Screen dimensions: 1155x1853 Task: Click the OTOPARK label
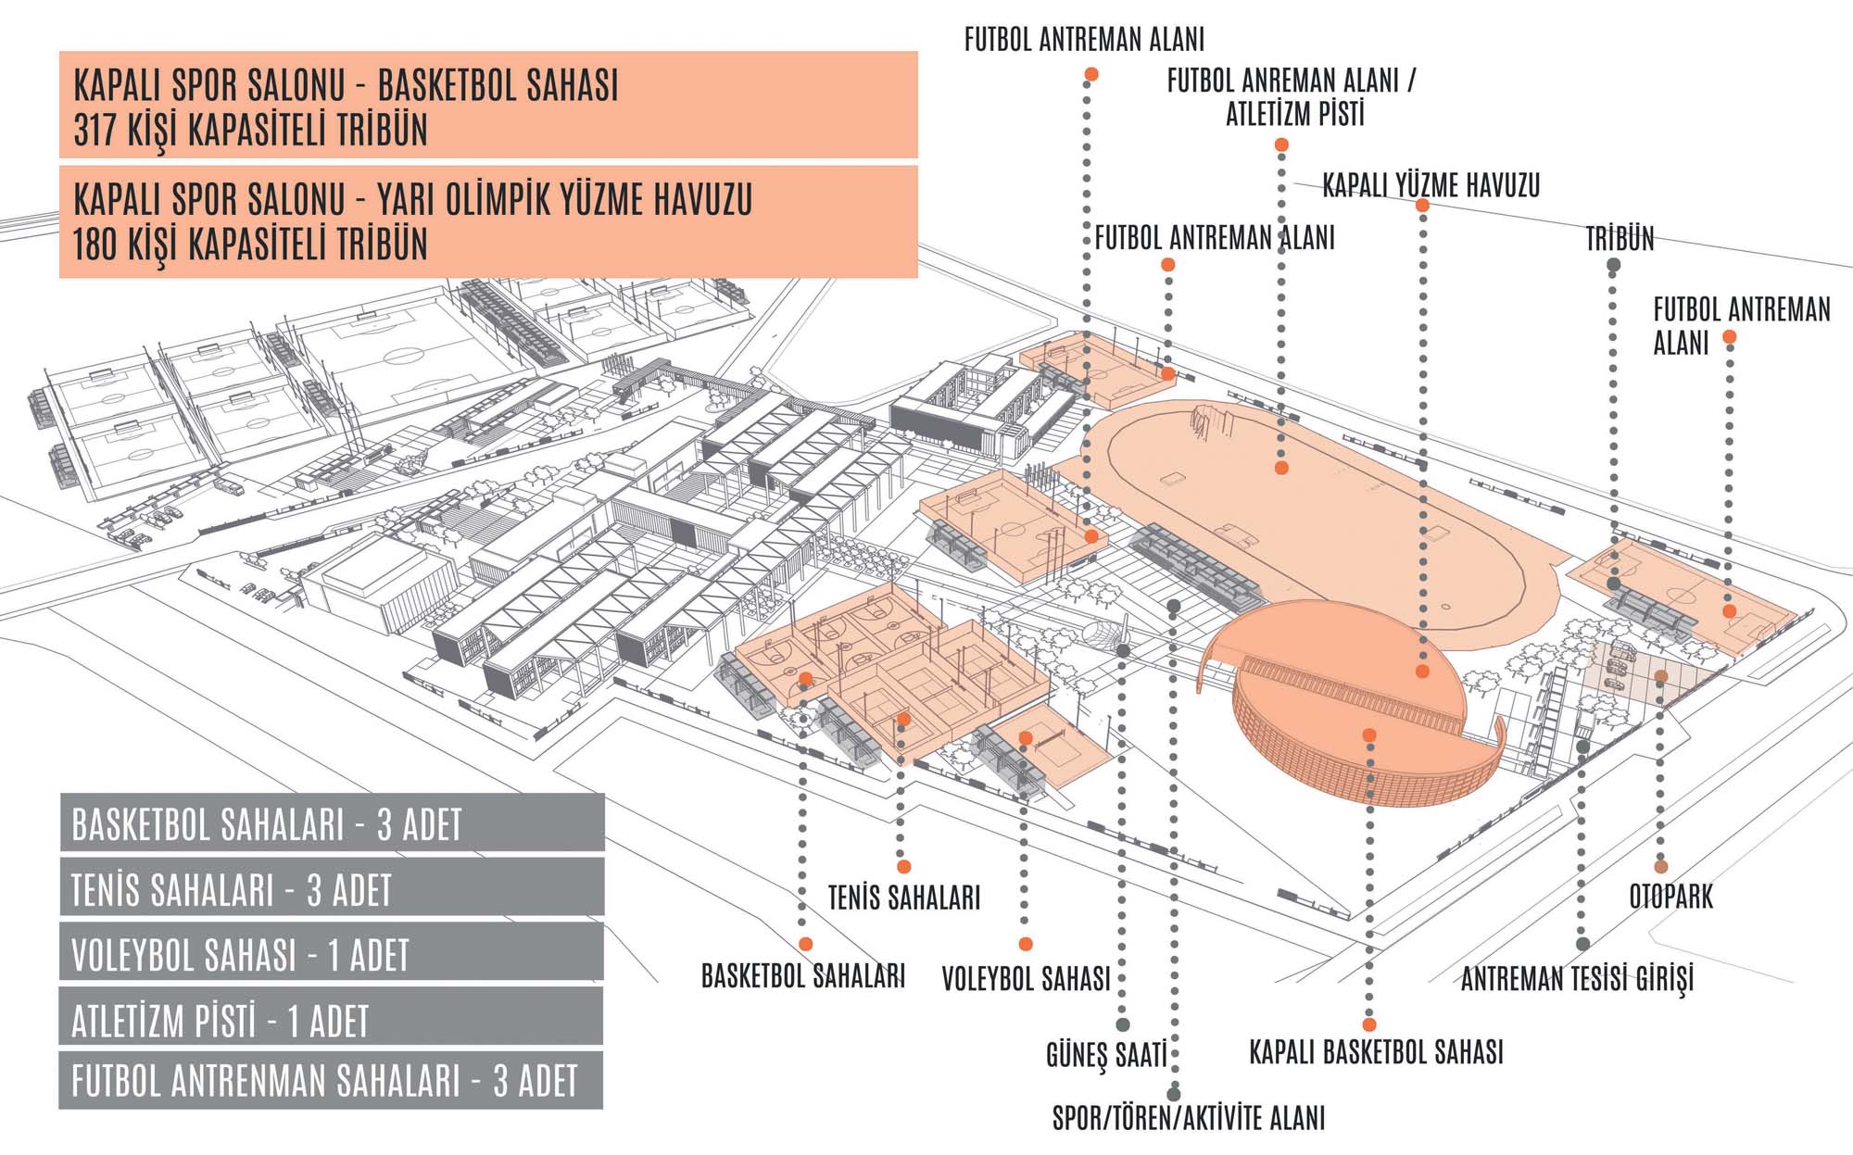click(x=1670, y=897)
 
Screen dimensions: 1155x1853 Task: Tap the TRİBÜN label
click(x=1620, y=239)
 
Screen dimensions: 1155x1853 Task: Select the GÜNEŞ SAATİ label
click(x=1105, y=1055)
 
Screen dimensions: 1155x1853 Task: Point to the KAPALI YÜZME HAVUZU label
click(x=1431, y=185)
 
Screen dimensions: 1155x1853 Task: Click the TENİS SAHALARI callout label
click(x=903, y=898)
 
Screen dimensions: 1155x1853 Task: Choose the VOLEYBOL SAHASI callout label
click(x=1026, y=979)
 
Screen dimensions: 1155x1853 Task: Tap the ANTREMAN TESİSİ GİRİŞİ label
click(x=1577, y=978)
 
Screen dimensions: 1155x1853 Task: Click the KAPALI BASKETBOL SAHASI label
click(x=1376, y=1053)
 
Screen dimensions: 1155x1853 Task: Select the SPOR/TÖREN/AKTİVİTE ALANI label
click(x=1189, y=1118)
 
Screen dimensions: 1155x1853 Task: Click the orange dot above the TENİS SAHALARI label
click(x=903, y=867)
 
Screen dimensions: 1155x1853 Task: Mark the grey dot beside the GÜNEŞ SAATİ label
click(x=1122, y=1025)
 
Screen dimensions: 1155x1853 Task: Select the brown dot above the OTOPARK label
click(x=1661, y=867)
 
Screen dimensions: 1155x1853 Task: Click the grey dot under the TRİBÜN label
click(x=1613, y=266)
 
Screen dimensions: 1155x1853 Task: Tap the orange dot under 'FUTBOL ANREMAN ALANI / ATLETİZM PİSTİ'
click(x=1281, y=145)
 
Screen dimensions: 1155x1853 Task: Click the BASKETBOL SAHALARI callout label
click(x=802, y=976)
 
